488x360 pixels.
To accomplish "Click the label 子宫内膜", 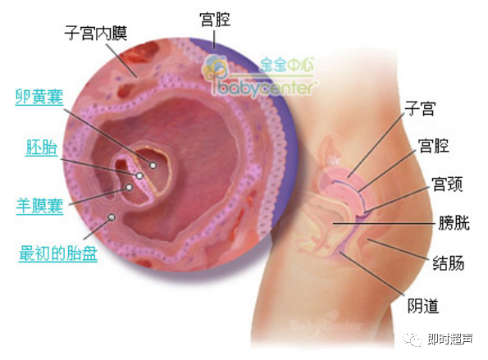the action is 96,34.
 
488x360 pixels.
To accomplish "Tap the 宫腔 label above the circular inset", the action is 216,20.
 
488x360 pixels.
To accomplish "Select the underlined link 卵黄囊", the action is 39,97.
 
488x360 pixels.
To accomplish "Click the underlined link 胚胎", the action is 42,147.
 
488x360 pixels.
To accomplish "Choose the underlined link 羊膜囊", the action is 40,206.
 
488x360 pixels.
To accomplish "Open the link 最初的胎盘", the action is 58,253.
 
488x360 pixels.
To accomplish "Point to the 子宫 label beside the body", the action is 420,108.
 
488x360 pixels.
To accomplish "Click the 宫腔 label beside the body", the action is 434,146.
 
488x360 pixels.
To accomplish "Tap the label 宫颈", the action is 448,184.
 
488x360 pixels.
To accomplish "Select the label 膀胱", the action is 454,223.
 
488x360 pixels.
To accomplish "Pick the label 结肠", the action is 449,263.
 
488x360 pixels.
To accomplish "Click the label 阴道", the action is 423,306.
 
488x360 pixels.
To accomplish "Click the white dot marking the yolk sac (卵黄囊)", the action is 153,165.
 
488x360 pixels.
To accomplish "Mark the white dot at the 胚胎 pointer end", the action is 139,175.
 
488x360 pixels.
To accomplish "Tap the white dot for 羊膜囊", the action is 129,187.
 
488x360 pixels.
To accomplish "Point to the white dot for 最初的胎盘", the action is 112,217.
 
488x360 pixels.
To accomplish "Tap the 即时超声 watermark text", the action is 450,339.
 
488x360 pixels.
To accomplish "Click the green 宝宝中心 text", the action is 287,65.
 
